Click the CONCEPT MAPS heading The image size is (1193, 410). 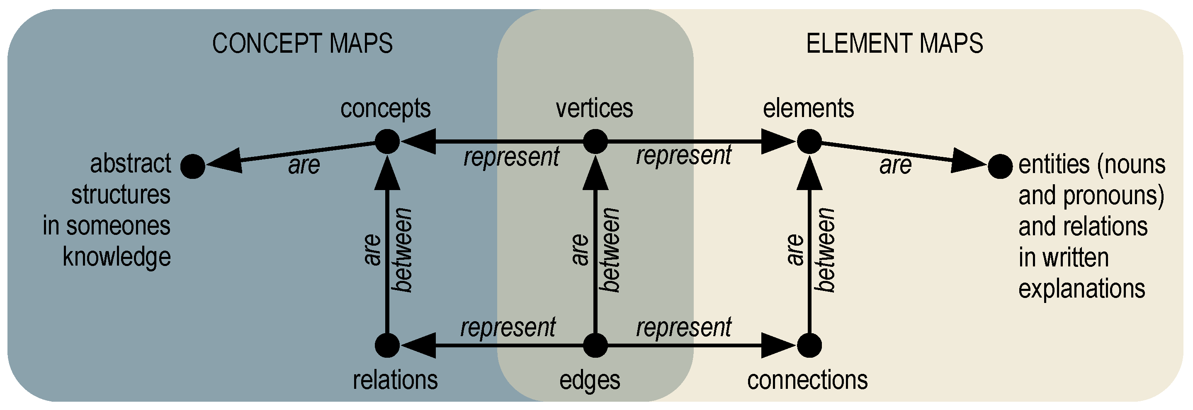click(302, 44)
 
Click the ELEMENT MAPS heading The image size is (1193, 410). click(894, 44)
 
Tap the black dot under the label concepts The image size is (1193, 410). click(387, 141)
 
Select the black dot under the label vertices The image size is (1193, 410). click(595, 141)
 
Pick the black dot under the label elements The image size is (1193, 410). click(809, 141)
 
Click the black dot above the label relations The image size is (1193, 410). click(387, 345)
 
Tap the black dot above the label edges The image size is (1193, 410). click(595, 345)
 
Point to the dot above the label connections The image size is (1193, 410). click(809, 345)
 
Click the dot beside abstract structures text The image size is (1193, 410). click(193, 166)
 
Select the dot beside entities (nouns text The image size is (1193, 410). click(1000, 166)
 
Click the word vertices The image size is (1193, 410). click(594, 108)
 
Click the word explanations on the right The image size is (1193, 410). click(1081, 289)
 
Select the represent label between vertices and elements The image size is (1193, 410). click(683, 156)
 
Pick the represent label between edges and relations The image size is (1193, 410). click(508, 327)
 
